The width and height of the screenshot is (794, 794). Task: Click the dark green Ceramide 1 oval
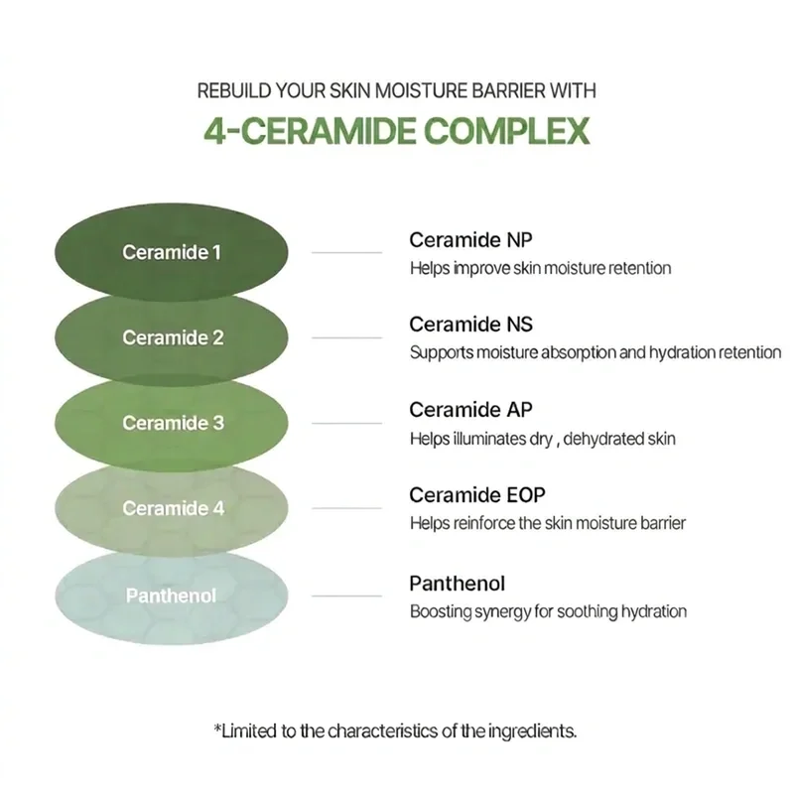(x=171, y=252)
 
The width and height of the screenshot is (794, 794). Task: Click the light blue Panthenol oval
(x=171, y=597)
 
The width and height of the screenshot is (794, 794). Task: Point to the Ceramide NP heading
(x=470, y=240)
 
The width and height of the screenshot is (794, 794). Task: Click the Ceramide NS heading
(x=470, y=325)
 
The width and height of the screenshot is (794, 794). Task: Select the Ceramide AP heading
(x=470, y=410)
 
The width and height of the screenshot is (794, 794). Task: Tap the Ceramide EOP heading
(x=477, y=494)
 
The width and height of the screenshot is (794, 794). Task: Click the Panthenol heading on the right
(x=457, y=584)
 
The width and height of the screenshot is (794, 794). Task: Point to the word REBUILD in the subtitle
(x=234, y=90)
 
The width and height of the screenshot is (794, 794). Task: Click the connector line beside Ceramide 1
(x=346, y=252)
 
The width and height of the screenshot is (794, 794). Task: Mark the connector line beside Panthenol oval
(x=346, y=596)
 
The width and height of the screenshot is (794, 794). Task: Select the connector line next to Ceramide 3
(x=346, y=423)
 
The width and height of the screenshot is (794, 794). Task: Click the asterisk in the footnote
(x=217, y=728)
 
